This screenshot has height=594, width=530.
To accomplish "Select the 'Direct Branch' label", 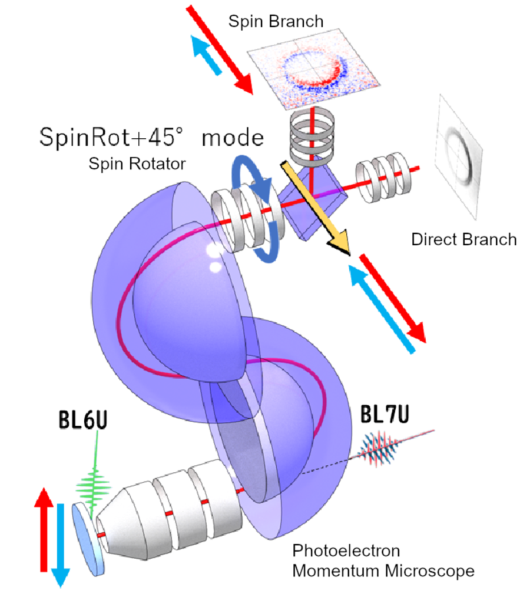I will click(x=464, y=240).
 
